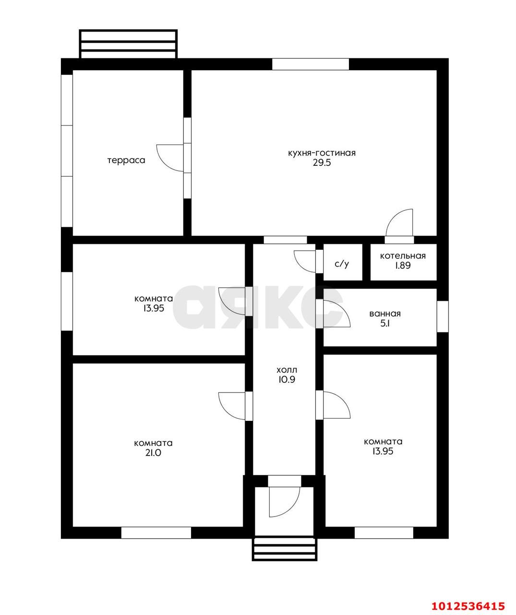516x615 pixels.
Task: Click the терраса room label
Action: click(x=126, y=160)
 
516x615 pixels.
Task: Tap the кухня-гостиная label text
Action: click(x=322, y=153)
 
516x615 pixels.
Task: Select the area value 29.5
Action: click(x=322, y=162)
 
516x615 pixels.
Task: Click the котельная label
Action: click(x=403, y=256)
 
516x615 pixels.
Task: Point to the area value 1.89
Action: click(x=403, y=265)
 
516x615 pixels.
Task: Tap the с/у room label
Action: click(x=342, y=264)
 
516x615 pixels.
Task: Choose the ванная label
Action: click(x=385, y=314)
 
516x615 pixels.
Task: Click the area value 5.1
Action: click(x=385, y=323)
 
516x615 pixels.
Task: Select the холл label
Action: click(x=287, y=369)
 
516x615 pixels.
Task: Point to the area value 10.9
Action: click(x=287, y=380)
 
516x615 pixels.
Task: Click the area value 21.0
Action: click(x=153, y=453)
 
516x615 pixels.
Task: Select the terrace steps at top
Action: click(x=128, y=44)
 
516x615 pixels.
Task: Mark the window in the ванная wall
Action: click(x=443, y=316)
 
